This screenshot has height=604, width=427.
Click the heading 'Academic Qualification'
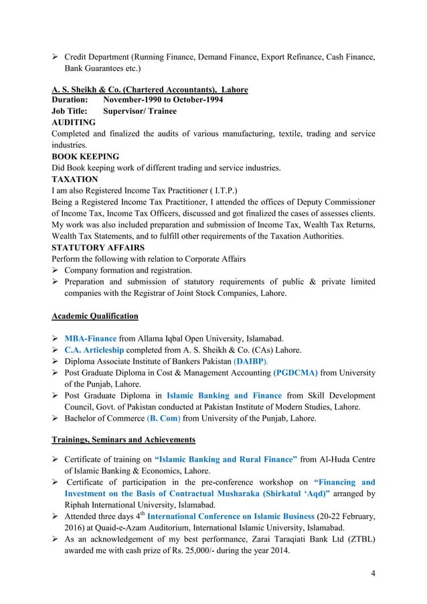[x=95, y=315]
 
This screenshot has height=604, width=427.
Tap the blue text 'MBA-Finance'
[x=90, y=338]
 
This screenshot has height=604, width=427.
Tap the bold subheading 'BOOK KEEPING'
[x=85, y=156]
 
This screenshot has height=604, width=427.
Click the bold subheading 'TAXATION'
[x=74, y=179]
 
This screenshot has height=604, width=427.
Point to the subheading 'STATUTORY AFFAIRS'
[x=96, y=247]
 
